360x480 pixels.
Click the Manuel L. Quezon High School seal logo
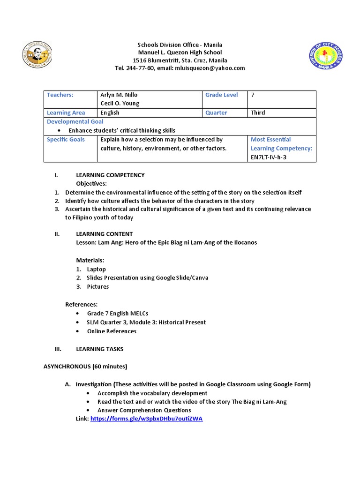point(38,55)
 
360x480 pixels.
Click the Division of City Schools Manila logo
point(327,55)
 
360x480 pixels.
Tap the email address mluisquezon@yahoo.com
point(210,68)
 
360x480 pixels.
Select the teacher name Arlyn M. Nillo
point(119,95)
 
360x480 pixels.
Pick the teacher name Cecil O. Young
point(120,104)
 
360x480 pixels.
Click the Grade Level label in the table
point(221,95)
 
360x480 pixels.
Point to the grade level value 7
point(253,95)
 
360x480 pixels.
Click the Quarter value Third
point(258,112)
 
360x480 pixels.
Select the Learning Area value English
point(110,112)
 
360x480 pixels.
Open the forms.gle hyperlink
point(146,419)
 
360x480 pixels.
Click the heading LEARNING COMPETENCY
point(110,175)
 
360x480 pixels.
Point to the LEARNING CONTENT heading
point(104,233)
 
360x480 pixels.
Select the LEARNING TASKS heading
point(100,349)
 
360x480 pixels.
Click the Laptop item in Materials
point(96,269)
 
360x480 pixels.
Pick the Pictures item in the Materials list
point(97,286)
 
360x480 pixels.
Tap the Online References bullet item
point(112,331)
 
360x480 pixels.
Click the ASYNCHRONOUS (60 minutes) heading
point(85,366)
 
